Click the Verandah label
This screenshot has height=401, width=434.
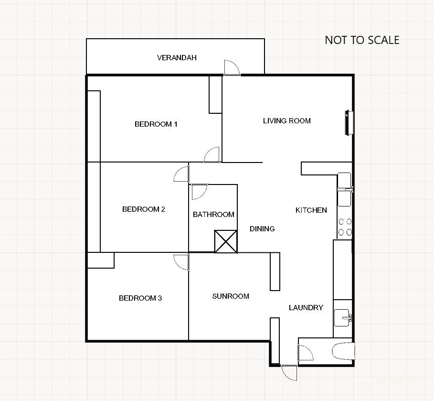click(177, 58)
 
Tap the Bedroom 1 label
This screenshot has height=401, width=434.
click(156, 124)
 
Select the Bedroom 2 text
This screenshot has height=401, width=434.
click(143, 209)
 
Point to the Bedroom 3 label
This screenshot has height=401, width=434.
click(140, 298)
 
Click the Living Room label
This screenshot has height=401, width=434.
click(286, 121)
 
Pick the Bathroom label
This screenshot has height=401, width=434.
click(213, 215)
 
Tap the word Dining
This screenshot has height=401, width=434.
click(262, 229)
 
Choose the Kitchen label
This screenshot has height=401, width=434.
click(311, 210)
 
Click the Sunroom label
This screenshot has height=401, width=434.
click(231, 296)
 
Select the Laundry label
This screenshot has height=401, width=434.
click(306, 308)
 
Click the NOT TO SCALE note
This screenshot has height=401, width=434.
click(362, 40)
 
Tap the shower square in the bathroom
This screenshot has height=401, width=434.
click(225, 241)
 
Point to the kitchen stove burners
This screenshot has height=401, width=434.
click(345, 227)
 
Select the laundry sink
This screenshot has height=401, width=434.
click(343, 316)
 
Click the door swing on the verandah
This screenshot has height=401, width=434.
click(232, 68)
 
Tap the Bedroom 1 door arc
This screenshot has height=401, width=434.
click(212, 155)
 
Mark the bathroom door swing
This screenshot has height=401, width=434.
click(199, 192)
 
